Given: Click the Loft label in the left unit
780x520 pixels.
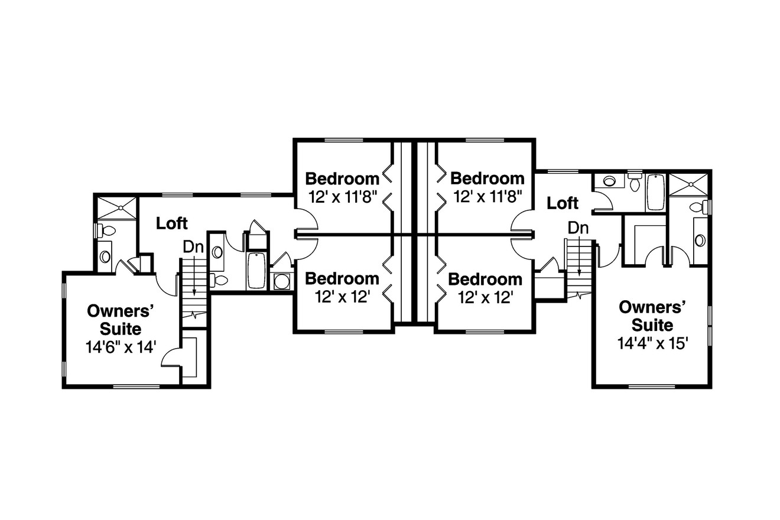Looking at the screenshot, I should coord(172,223).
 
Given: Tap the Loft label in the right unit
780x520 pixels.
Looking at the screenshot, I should coord(562,203).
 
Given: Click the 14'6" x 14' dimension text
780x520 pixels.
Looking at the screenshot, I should coord(121,347).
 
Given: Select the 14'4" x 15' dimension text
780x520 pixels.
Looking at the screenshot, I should coord(652,343).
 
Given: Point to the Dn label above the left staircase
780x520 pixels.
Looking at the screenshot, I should coord(193,247).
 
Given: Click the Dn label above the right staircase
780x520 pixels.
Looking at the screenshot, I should coord(578,227).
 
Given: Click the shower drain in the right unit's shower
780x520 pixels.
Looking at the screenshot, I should coord(689,186).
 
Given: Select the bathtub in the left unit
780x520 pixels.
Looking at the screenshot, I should coord(256,271).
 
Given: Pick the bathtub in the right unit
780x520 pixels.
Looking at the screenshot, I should coord(655,192).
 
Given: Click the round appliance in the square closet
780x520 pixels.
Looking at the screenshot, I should coord(282,281).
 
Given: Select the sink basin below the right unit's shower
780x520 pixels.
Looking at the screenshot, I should coord(700,240).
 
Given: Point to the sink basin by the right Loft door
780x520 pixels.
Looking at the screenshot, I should coord(609,181).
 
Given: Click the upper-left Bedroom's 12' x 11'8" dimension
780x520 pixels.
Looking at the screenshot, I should coord(342,197).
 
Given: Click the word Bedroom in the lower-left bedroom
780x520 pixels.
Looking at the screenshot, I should coord(342,278).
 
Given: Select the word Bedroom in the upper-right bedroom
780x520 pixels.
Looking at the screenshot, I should coord(487,178).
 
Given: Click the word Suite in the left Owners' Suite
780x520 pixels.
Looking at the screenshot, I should coord(121,328).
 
